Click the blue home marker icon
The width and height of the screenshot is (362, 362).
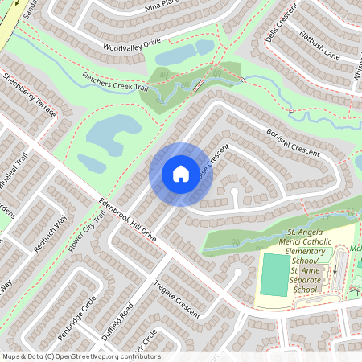pyautogui.click(x=181, y=174)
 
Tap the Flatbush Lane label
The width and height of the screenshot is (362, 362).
pyautogui.click(x=321, y=44)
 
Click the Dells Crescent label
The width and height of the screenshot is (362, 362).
pyautogui.click(x=281, y=23)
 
